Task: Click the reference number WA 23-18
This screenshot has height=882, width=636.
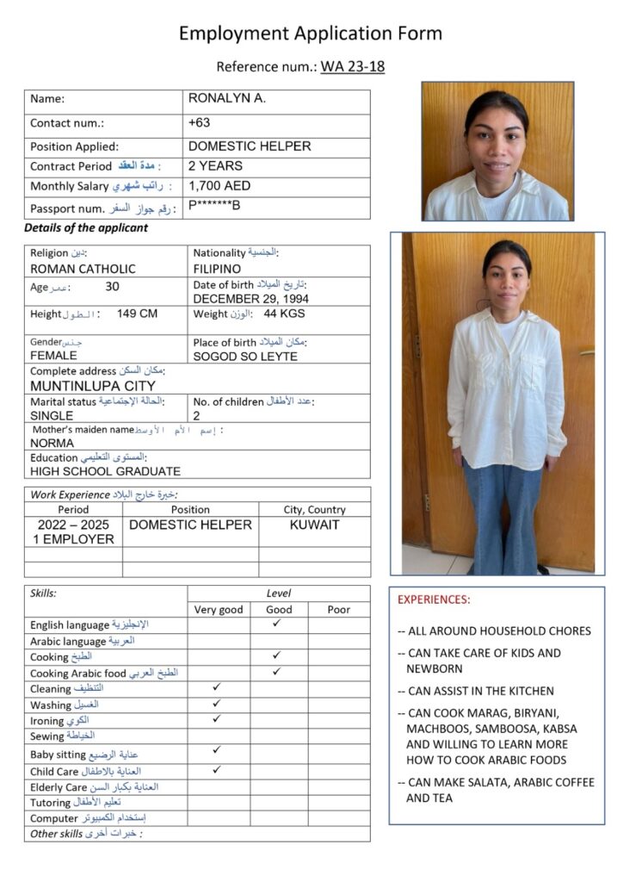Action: coord(352,66)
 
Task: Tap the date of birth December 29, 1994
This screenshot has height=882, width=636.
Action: coord(250,299)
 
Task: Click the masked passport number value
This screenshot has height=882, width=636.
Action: coord(214,206)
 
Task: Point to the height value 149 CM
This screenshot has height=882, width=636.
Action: coord(137,314)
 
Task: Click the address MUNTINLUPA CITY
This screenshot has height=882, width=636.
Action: coord(93,386)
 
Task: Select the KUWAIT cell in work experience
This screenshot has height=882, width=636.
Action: coord(314,525)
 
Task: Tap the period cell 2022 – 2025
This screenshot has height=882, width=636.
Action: coord(73,525)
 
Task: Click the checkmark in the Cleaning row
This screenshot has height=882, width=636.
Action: coord(217,687)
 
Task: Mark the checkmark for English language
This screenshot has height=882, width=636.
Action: coord(276,623)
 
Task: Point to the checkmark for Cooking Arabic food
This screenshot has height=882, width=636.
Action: coord(276,671)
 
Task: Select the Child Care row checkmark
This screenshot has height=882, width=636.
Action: coord(217,769)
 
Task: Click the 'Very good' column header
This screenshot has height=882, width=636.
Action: coord(219,609)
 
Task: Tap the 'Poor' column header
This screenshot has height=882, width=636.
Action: coord(339,609)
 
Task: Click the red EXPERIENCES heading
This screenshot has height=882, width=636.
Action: coord(434,599)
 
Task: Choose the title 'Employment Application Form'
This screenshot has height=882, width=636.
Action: coord(311,34)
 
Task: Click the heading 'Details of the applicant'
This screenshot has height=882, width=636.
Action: coord(86,228)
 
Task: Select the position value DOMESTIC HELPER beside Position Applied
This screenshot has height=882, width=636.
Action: coord(250,146)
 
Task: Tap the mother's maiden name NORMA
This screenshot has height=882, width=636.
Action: coord(52,443)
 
